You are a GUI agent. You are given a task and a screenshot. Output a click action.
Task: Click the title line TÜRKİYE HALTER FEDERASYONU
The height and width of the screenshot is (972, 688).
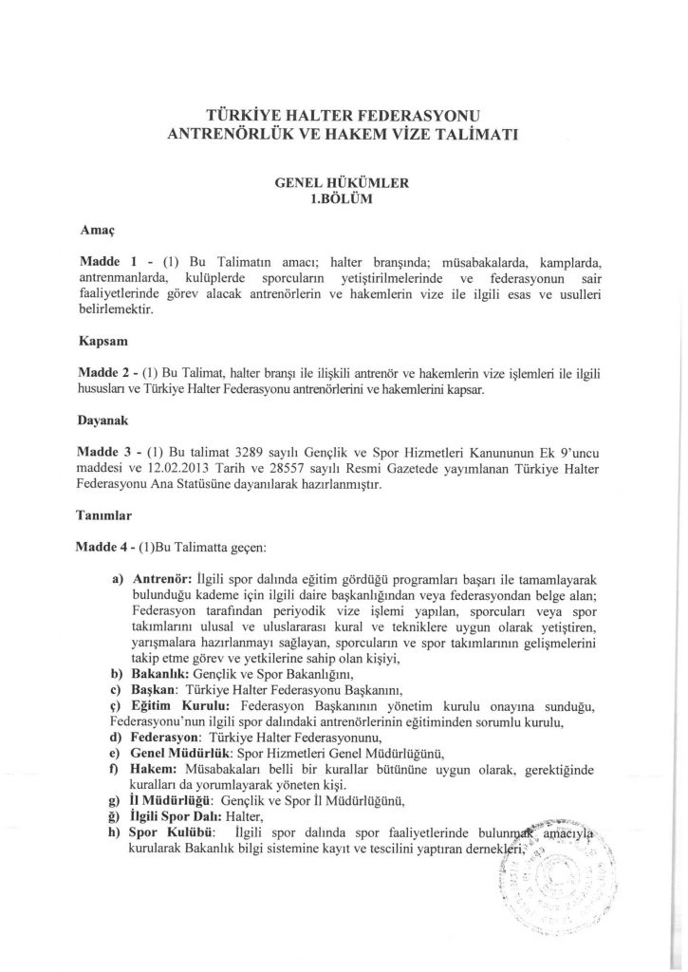coord(343,113)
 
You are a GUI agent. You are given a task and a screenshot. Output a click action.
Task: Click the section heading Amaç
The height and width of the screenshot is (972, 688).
coord(95,229)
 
